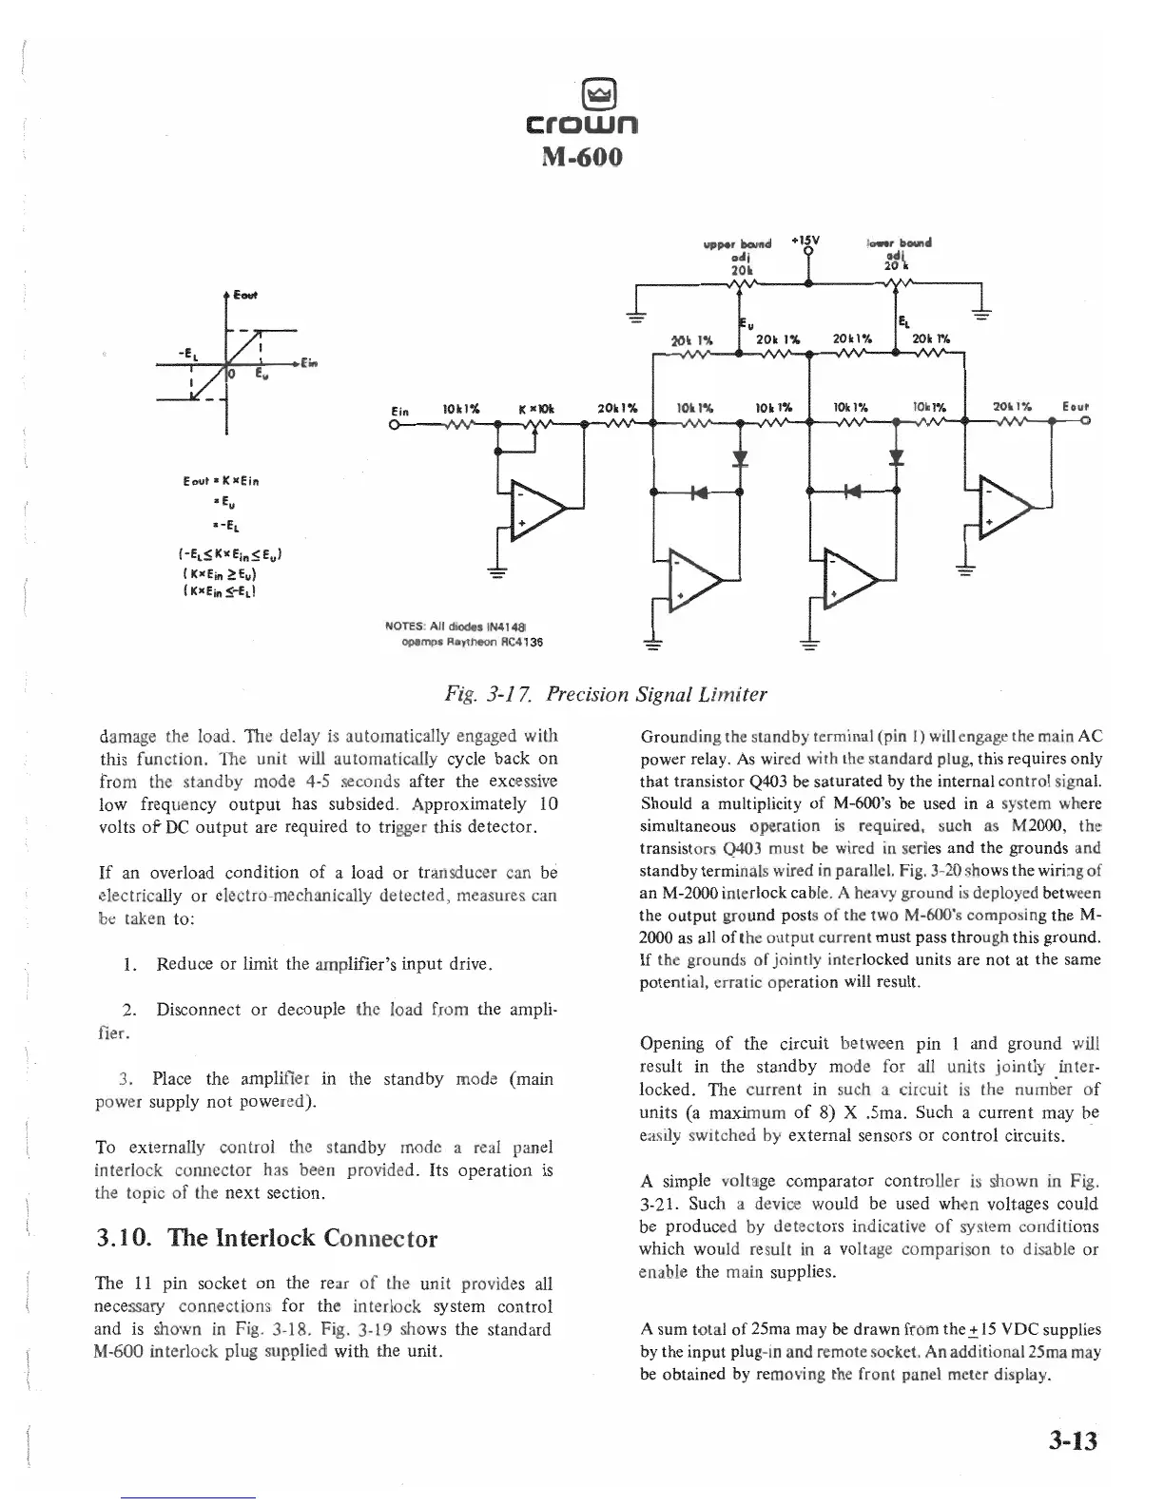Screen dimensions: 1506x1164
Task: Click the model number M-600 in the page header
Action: [582, 155]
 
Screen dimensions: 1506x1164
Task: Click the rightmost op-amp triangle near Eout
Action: [1004, 511]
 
